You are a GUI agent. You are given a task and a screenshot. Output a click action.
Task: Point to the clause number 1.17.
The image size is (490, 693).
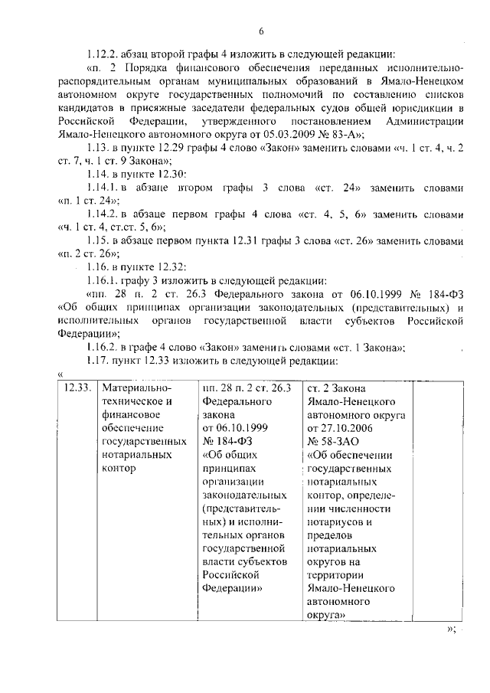point(98,360)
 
